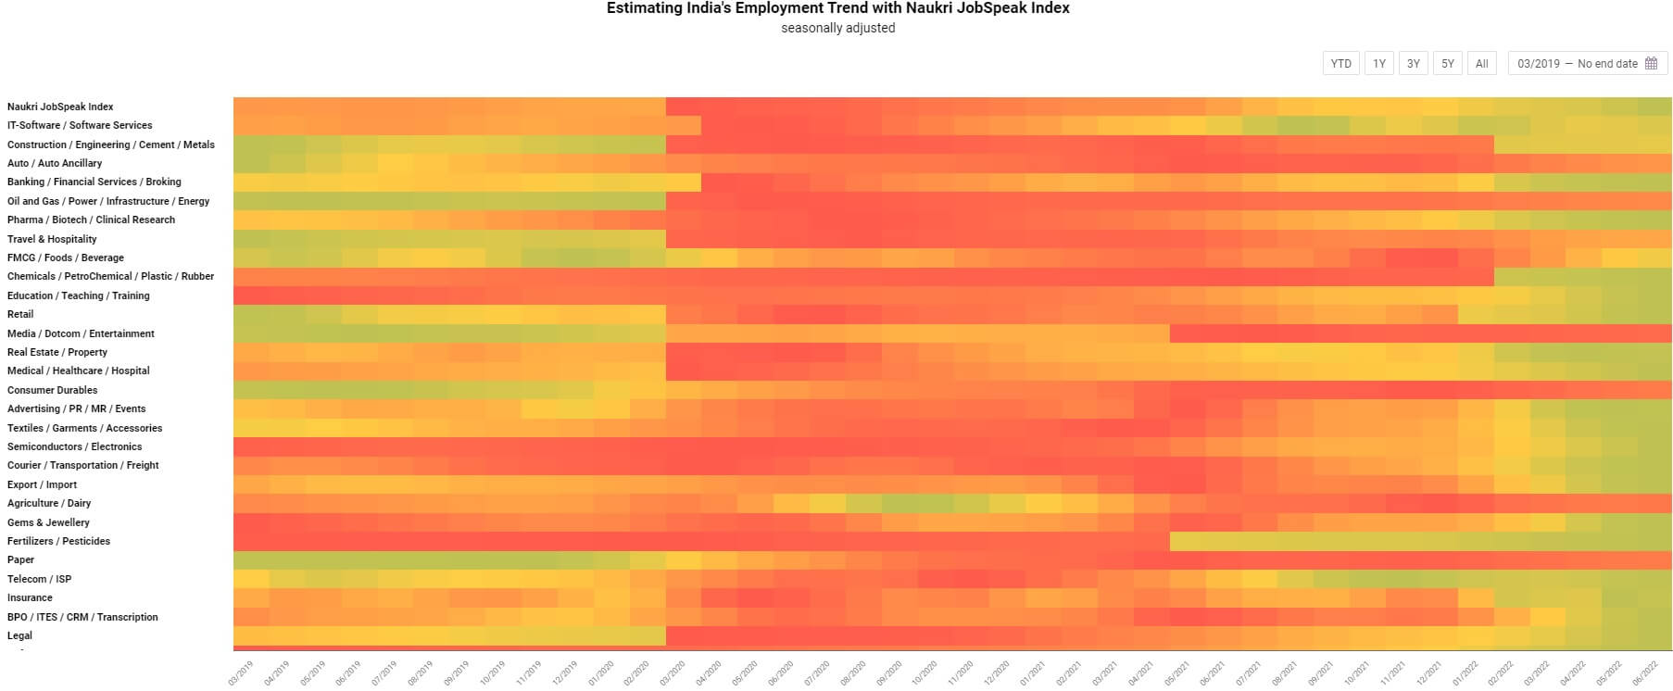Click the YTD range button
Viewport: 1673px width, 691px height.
click(1340, 64)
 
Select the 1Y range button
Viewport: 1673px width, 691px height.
click(1379, 64)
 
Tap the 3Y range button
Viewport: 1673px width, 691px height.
click(1414, 64)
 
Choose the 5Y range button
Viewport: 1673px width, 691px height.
click(1448, 64)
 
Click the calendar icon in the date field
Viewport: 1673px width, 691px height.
click(1651, 64)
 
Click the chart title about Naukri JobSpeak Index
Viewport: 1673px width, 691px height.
click(837, 8)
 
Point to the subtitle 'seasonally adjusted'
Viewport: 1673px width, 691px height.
click(837, 28)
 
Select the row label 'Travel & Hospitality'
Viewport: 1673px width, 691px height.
click(52, 239)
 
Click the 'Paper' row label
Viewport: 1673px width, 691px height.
click(20, 559)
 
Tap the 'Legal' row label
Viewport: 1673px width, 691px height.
click(19, 635)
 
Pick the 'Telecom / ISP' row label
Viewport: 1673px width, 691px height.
click(39, 579)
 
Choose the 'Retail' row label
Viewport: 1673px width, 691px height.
click(20, 314)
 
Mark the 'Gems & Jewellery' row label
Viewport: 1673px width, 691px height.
click(48, 522)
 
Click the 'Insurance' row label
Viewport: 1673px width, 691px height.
click(30, 597)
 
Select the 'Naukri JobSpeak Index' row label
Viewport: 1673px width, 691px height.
click(60, 107)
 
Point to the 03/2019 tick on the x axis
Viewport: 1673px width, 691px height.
click(241, 672)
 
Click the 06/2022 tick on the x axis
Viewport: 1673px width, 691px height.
click(1645, 672)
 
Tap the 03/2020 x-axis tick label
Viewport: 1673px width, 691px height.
click(673, 672)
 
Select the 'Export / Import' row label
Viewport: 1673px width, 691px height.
click(42, 484)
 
